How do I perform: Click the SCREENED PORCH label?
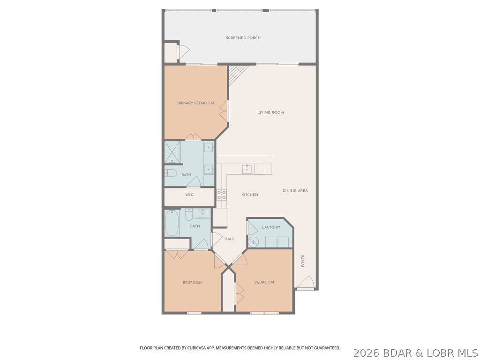pyautogui.click(x=243, y=38)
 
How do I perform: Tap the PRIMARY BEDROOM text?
pyautogui.click(x=195, y=103)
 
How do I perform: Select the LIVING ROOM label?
pyautogui.click(x=270, y=112)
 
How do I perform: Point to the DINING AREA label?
pyautogui.click(x=295, y=191)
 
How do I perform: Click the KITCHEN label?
pyautogui.click(x=249, y=195)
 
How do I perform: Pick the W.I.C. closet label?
pyautogui.click(x=189, y=195)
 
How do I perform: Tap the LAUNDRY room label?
pyautogui.click(x=271, y=227)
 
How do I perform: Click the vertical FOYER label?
pyautogui.click(x=303, y=261)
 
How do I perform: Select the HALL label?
pyautogui.click(x=229, y=239)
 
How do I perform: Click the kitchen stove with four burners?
pyautogui.click(x=221, y=195)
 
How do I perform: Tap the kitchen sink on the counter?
pyautogui.click(x=247, y=169)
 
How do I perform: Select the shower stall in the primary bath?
pyautogui.click(x=172, y=151)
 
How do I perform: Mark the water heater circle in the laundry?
pyautogui.click(x=254, y=242)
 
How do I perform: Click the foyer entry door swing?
pyautogui.click(x=306, y=283)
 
